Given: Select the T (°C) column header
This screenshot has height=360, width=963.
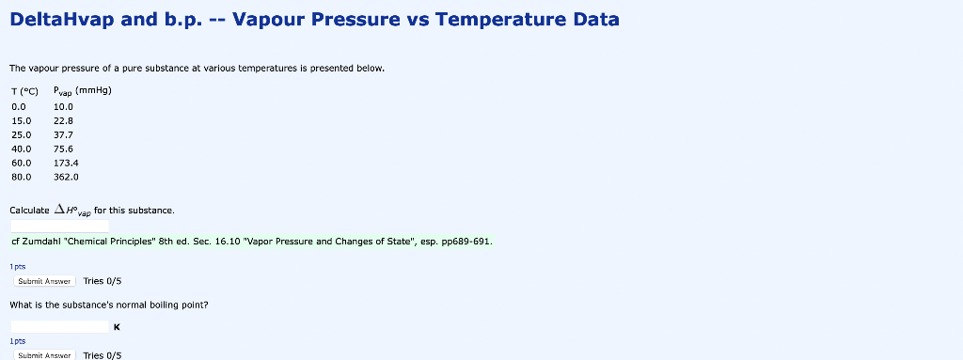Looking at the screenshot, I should pos(24,92).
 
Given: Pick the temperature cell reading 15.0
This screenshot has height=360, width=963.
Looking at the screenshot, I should pos(21,120).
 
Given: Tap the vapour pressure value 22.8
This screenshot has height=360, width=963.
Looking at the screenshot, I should pos(63,120).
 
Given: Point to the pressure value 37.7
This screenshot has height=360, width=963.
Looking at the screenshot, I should pos(63,134).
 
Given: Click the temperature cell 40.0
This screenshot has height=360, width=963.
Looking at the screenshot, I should pos(21,149).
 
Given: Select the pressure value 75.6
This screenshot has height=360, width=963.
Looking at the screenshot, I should pos(63,149).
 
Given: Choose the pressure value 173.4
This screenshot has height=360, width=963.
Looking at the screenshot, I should pos(66,163).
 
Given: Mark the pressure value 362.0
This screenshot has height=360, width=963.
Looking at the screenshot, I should pos(66,176).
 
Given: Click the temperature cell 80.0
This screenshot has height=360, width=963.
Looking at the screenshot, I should pos(21,176).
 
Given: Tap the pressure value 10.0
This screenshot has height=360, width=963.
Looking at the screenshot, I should pos(63,106).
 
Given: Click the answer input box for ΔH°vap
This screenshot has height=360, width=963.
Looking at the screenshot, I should pos(60,226).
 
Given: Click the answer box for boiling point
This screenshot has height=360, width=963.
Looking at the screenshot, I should pos(60,326).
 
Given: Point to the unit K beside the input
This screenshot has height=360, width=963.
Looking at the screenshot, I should pos(116,327).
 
